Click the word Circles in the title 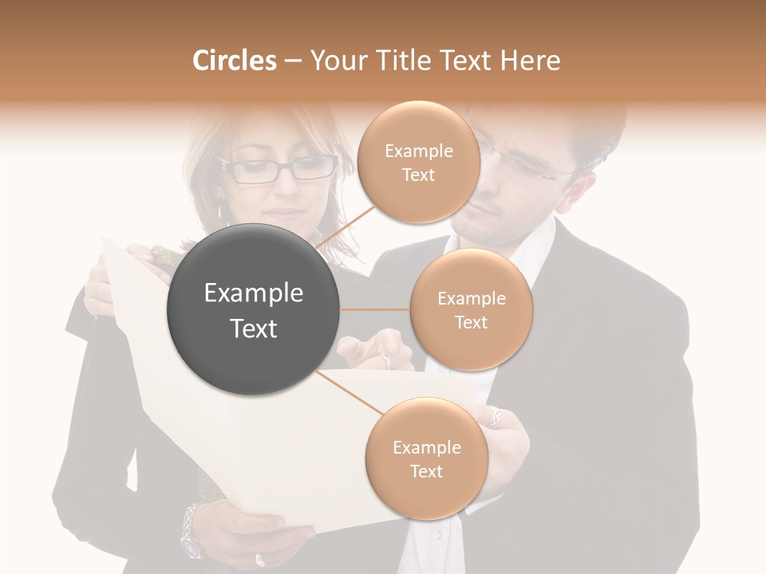(235, 61)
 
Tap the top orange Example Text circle (418, 163)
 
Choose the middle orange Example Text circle (471, 310)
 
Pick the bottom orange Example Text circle (426, 459)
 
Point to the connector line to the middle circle (375, 309)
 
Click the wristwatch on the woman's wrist (191, 530)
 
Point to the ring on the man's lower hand (496, 416)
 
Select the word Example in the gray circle (254, 293)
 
